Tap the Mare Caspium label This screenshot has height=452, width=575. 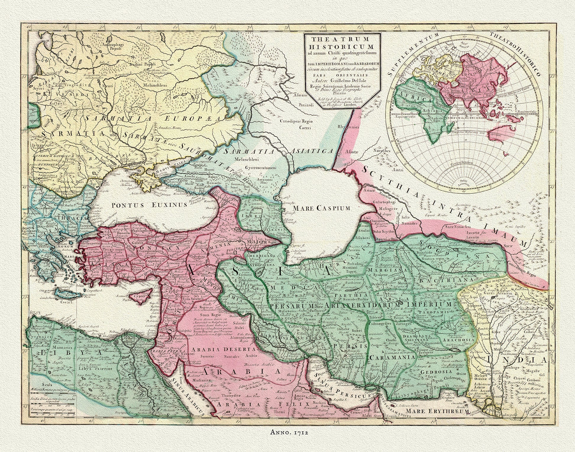pos(322,208)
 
